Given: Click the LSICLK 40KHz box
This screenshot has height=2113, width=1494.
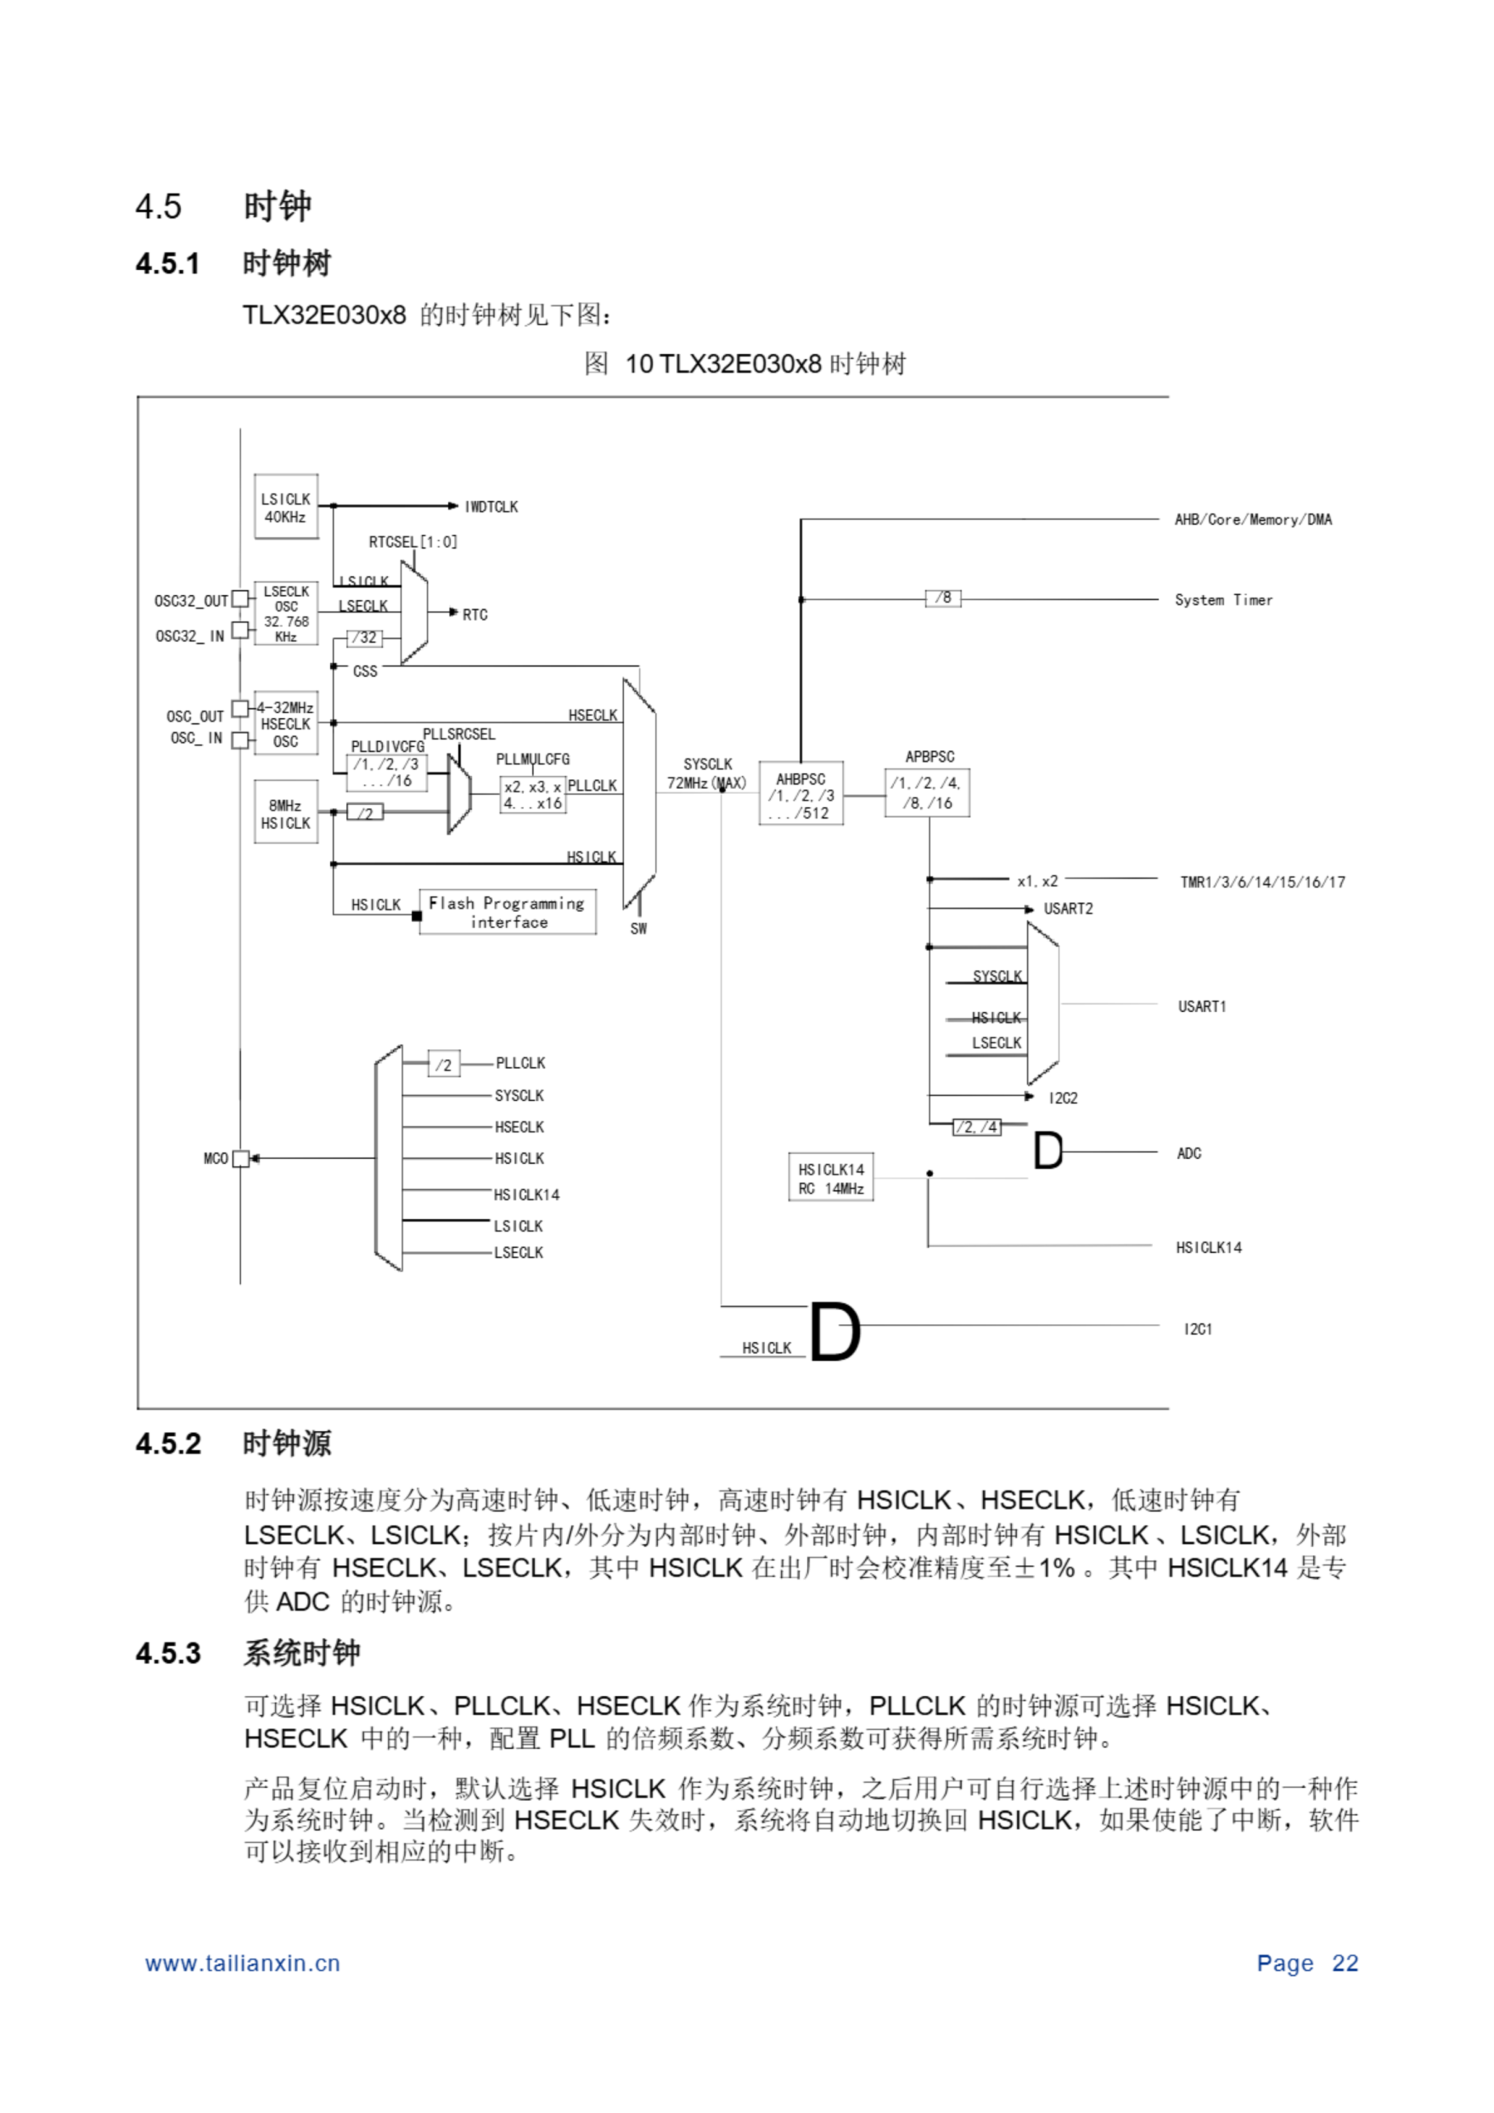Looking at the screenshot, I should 286,507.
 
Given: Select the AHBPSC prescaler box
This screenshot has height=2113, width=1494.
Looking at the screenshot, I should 800,794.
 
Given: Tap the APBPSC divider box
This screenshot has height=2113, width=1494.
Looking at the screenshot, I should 926,793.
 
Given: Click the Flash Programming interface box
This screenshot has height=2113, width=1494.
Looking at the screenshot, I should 507,912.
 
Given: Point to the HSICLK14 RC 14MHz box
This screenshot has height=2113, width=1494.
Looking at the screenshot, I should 830,1179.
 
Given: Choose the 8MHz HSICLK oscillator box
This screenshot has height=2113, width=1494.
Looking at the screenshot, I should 286,814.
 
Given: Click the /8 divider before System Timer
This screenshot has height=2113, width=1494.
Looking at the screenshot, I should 943,598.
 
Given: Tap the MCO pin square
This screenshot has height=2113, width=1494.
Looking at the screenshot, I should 241,1159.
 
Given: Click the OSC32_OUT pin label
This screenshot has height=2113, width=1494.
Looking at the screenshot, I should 191,601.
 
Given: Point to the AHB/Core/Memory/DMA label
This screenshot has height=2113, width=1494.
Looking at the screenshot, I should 1252,520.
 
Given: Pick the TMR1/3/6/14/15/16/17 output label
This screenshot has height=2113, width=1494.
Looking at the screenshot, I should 1262,882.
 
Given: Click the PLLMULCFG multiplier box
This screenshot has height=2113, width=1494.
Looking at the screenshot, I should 532,794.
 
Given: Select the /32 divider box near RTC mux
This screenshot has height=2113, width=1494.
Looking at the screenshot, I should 365,637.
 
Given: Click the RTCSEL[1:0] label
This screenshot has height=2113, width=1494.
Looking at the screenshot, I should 413,542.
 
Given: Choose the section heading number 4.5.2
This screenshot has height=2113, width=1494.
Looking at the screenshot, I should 168,1443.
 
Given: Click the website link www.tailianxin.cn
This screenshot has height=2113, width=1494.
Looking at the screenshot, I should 242,1964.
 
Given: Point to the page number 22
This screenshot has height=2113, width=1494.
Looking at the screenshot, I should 1344,1964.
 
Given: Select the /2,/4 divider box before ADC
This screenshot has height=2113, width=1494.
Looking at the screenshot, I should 976,1127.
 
